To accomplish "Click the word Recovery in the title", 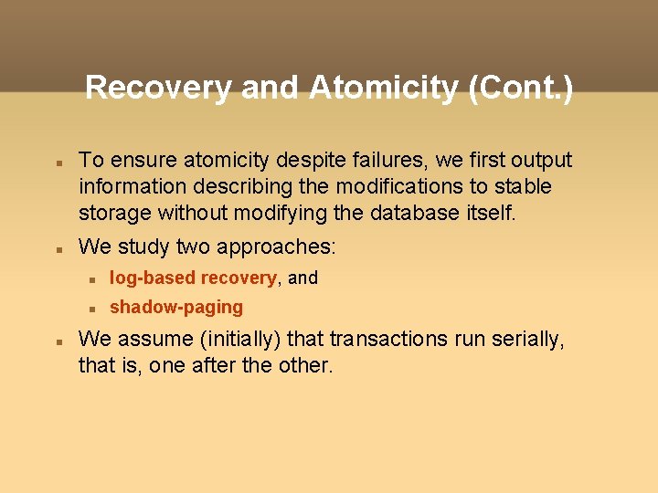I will (x=159, y=89).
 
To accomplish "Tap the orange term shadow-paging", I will (x=176, y=307).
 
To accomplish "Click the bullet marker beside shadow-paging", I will (x=90, y=308).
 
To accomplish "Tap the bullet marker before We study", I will (x=57, y=248).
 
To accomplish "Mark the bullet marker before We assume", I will (x=57, y=341).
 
